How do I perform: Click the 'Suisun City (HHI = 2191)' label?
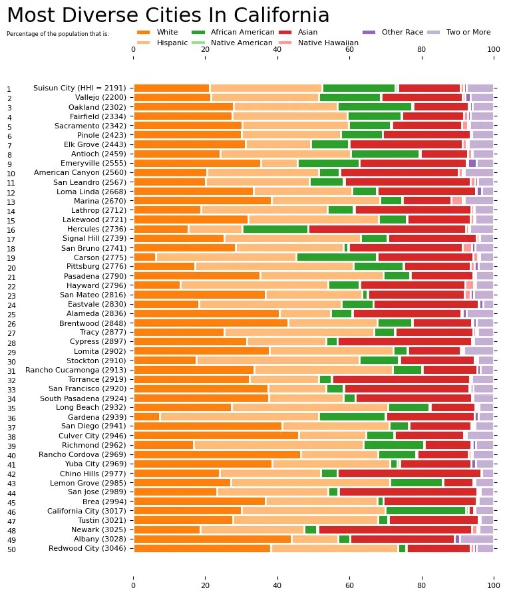tap(79, 88)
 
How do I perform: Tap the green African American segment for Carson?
tap(337, 257)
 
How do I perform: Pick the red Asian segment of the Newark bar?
tap(395, 529)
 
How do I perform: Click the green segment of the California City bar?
tap(425, 510)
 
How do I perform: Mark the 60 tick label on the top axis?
tap(349, 49)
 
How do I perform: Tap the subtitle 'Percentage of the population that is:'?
tap(57, 33)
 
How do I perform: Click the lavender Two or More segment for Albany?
tap(476, 539)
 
